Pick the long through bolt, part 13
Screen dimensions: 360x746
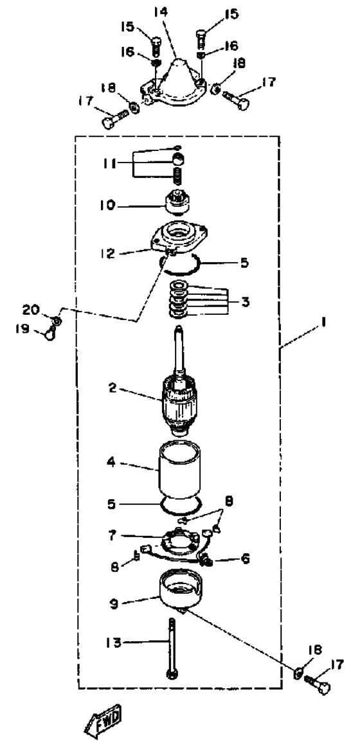pyautogui.click(x=171, y=649)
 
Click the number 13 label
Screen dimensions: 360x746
pyautogui.click(x=115, y=643)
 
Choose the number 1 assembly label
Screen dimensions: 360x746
pyautogui.click(x=323, y=323)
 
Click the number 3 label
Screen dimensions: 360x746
pyautogui.click(x=246, y=302)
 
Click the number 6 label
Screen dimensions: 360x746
pyautogui.click(x=246, y=558)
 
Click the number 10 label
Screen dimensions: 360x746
pyautogui.click(x=107, y=206)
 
